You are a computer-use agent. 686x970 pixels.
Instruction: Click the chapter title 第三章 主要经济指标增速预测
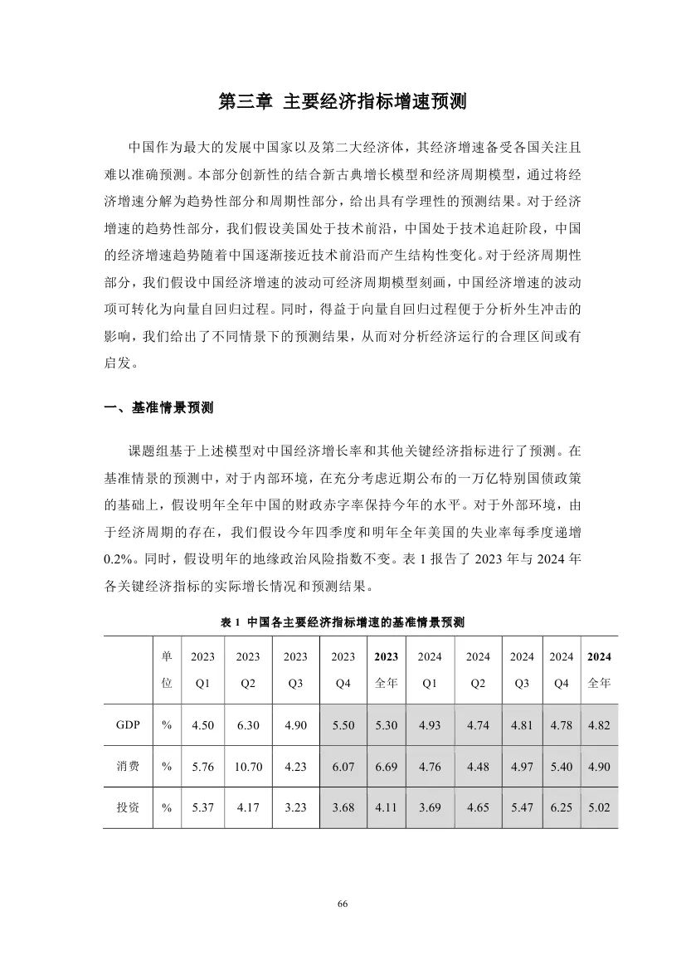pyautogui.click(x=343, y=102)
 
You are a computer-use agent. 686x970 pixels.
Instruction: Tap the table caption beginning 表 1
pyautogui.click(x=343, y=622)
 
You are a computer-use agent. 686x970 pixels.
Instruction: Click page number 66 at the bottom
pyautogui.click(x=343, y=904)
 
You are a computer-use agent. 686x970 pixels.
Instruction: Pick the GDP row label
pyautogui.click(x=127, y=725)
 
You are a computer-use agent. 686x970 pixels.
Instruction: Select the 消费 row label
pyautogui.click(x=127, y=767)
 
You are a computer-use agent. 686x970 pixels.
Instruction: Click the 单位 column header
pyautogui.click(x=167, y=670)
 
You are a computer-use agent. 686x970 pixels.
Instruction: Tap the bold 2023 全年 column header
pyautogui.click(x=387, y=670)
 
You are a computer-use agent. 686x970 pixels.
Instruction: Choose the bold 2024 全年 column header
pyautogui.click(x=599, y=670)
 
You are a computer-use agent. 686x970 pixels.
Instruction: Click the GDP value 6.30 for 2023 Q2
pyautogui.click(x=248, y=725)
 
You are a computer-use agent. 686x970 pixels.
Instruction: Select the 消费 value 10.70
pyautogui.click(x=248, y=767)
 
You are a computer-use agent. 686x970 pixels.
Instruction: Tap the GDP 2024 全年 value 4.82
pyautogui.click(x=599, y=725)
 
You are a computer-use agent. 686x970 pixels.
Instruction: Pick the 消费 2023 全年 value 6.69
pyautogui.click(x=387, y=767)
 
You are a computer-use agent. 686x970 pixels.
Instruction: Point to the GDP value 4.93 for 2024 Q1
pyautogui.click(x=430, y=725)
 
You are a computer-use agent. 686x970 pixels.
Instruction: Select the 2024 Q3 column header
pyautogui.click(x=522, y=670)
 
